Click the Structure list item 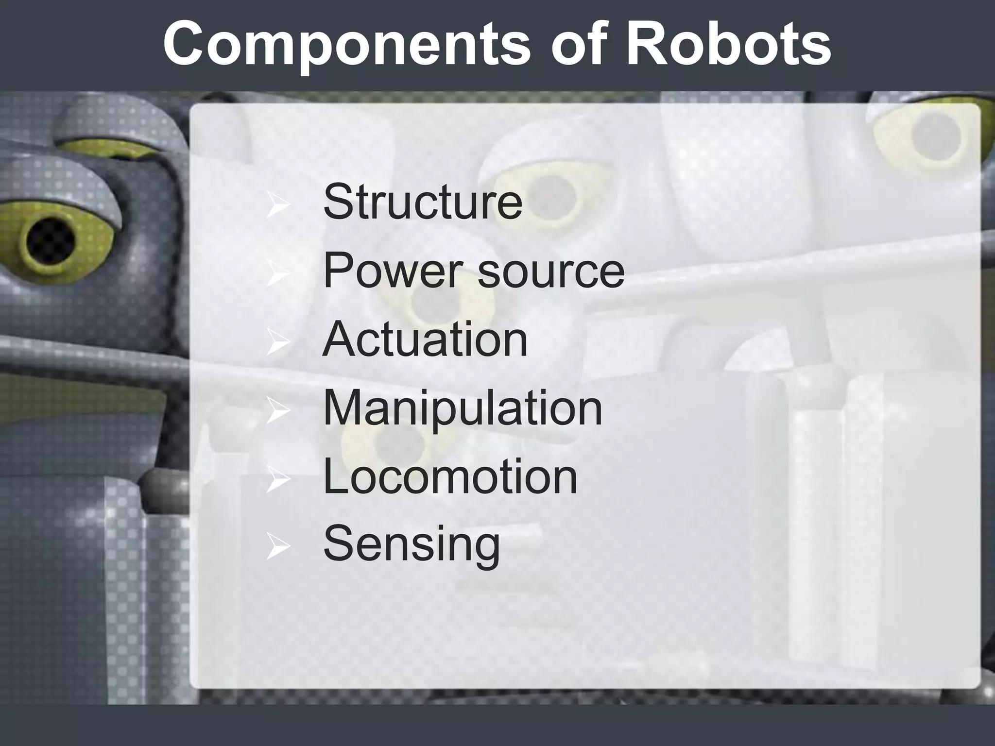coord(423,202)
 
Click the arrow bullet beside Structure coord(278,206)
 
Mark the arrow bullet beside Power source coord(278,275)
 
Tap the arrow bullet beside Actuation coord(278,344)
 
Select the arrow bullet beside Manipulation coord(278,412)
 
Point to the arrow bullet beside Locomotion coord(278,481)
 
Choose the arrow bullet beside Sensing coord(278,549)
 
